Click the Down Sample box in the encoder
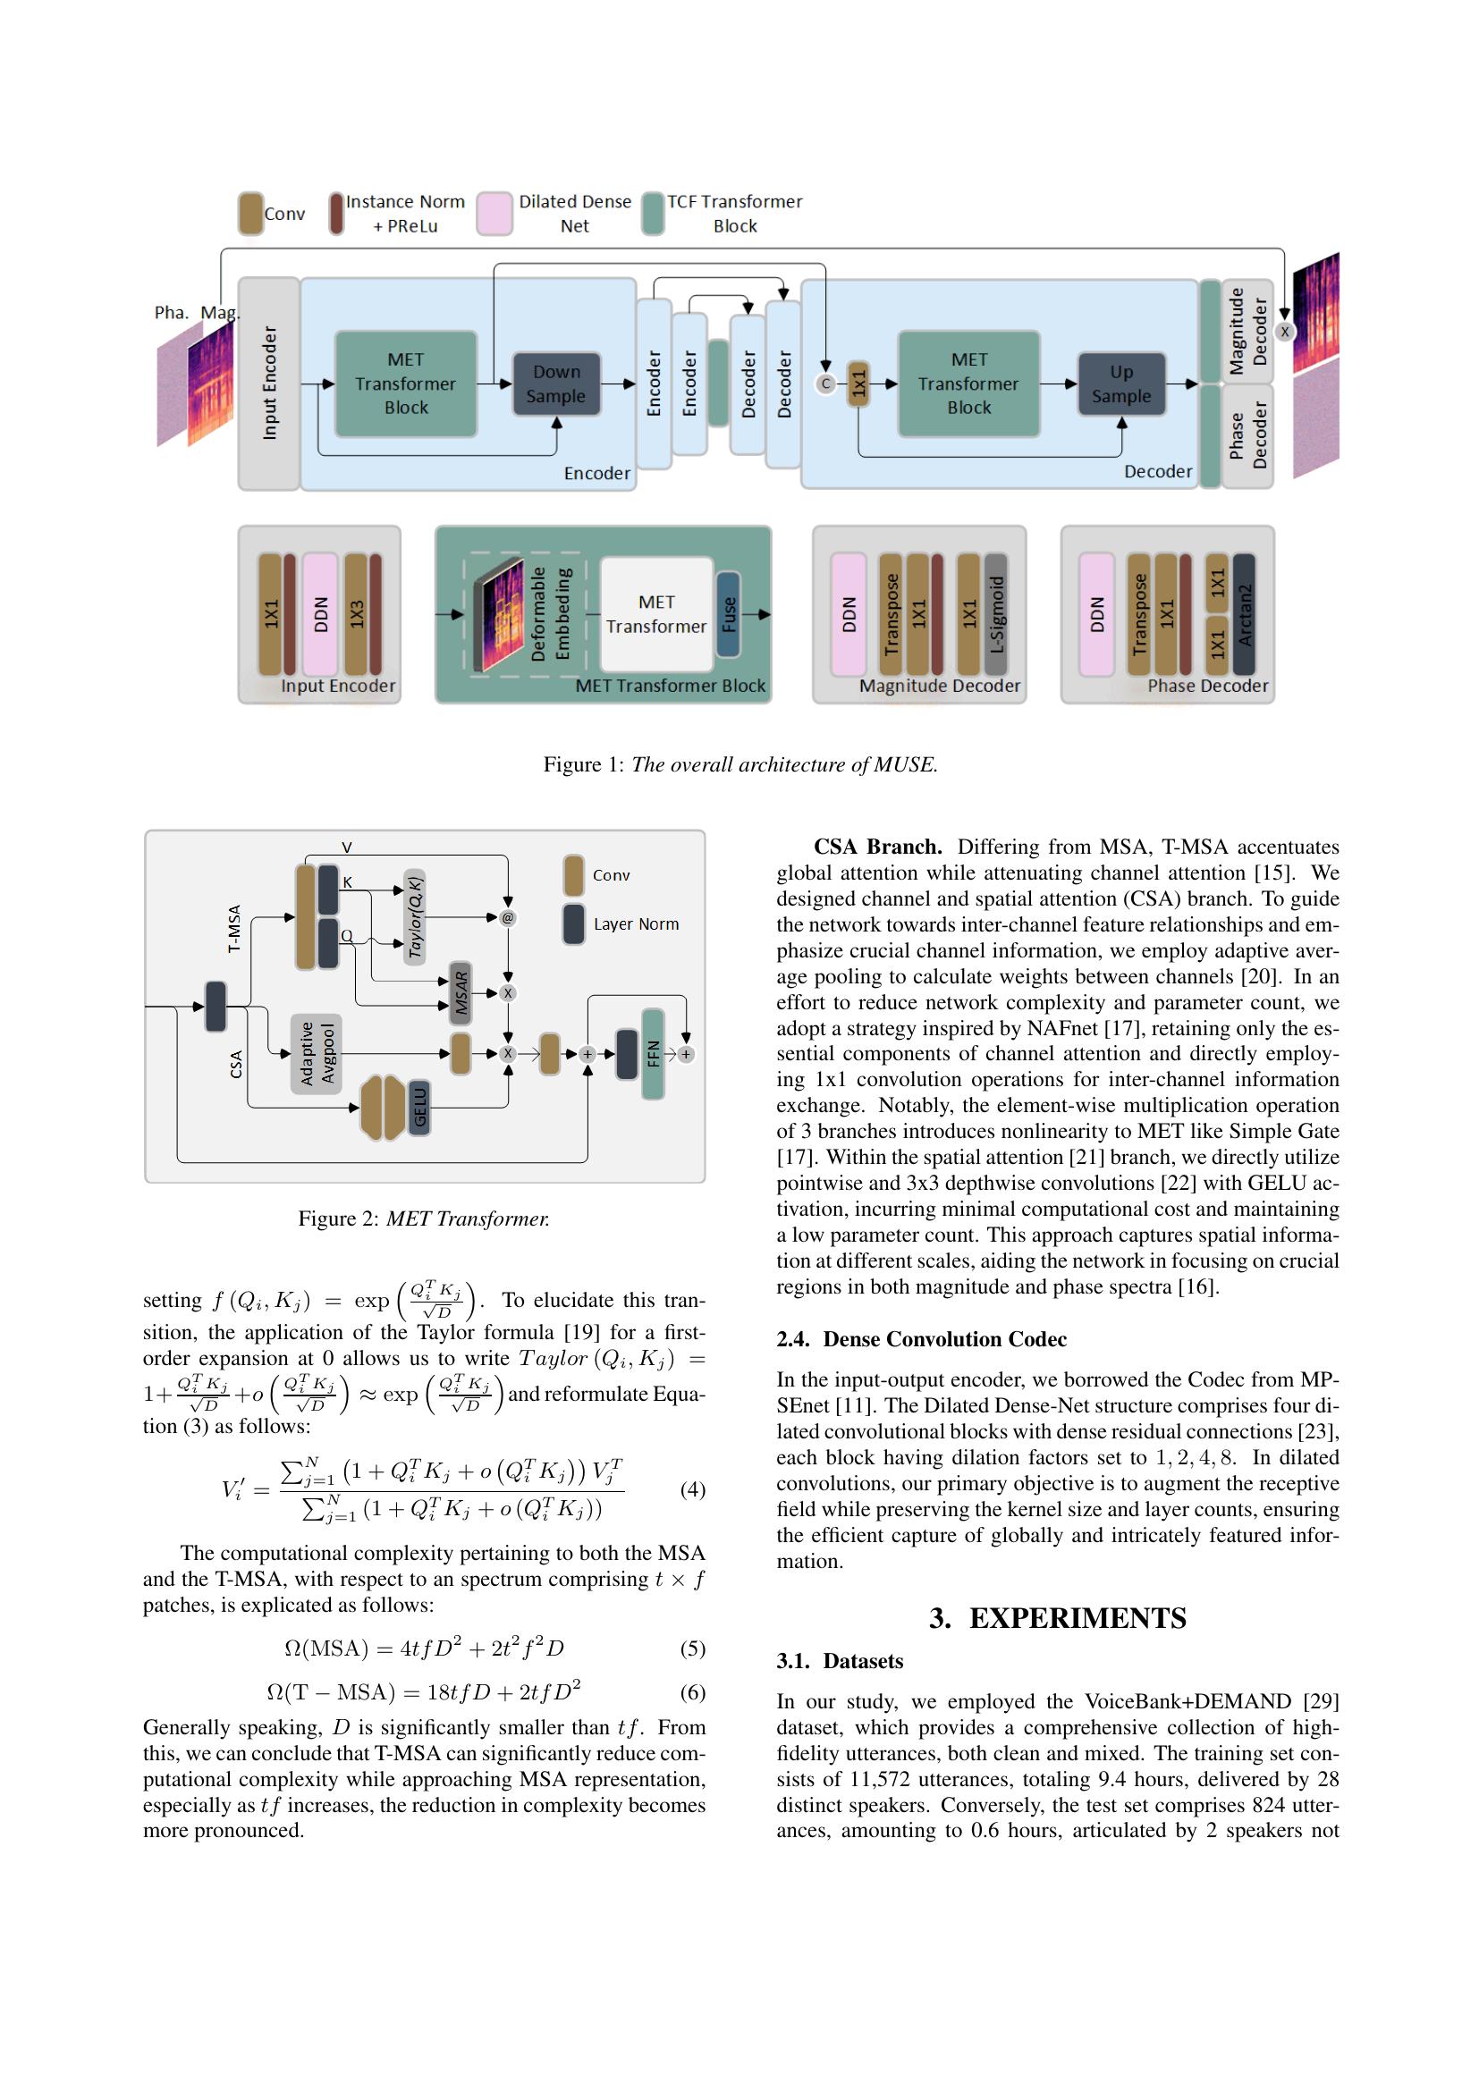[556, 384]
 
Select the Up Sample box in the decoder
[1121, 384]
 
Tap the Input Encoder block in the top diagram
[268, 384]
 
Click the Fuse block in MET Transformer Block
[728, 614]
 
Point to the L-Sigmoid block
[996, 614]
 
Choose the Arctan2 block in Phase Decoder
[1244, 614]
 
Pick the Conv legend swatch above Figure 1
[250, 213]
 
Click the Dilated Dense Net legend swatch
[494, 213]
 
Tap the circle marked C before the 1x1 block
[826, 384]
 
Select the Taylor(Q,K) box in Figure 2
[414, 917]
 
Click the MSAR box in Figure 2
[461, 992]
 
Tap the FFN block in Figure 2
[653, 1054]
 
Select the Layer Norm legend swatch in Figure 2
[574, 924]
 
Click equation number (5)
[692, 1648]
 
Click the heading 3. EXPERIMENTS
[1057, 1618]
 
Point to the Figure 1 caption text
[739, 764]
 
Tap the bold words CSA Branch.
[877, 846]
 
